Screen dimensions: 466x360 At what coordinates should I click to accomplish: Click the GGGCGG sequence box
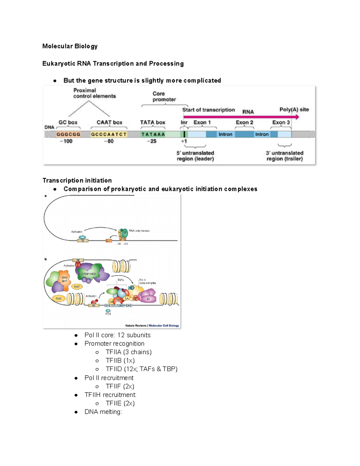(x=68, y=134)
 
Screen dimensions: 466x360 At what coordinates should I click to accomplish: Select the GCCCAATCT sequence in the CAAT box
(x=109, y=134)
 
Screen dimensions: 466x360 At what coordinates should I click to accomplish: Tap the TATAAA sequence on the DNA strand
(x=153, y=134)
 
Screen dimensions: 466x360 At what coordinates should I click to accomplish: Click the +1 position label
(x=184, y=141)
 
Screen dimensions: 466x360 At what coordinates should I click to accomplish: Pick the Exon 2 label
(x=244, y=122)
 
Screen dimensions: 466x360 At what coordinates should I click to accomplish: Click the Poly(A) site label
(x=294, y=110)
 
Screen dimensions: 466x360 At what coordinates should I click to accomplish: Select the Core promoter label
(x=164, y=97)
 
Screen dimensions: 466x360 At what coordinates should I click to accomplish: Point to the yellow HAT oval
(x=77, y=287)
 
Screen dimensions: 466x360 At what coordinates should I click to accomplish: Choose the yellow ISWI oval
(x=58, y=299)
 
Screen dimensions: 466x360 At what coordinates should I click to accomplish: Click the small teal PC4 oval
(x=108, y=311)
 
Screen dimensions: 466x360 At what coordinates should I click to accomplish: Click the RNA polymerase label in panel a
(x=139, y=231)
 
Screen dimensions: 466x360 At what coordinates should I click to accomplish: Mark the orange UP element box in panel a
(x=109, y=241)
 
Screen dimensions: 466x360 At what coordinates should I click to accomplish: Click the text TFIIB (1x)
(x=120, y=361)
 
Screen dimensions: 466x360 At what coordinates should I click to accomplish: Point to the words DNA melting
(x=103, y=412)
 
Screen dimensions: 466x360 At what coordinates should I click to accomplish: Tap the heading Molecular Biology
(x=70, y=46)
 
